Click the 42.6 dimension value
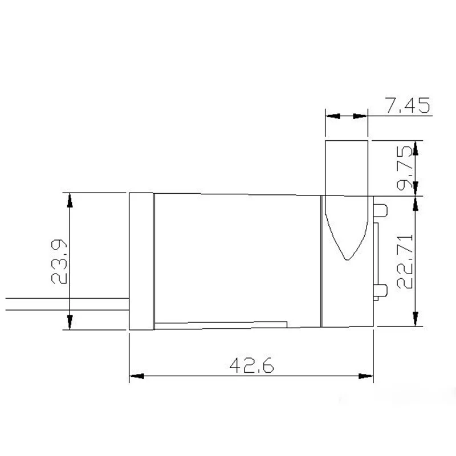point(251,365)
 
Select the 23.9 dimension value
point(59,262)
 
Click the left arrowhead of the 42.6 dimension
point(136,377)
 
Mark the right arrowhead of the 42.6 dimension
point(367,377)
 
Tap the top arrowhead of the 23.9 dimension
point(70,199)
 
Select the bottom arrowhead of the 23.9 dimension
point(70,323)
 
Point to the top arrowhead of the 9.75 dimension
point(416,147)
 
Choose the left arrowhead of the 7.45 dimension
point(331,116)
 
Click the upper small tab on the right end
point(381,210)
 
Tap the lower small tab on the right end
point(381,290)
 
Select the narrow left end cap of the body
point(142,261)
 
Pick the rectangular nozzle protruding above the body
point(347,167)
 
